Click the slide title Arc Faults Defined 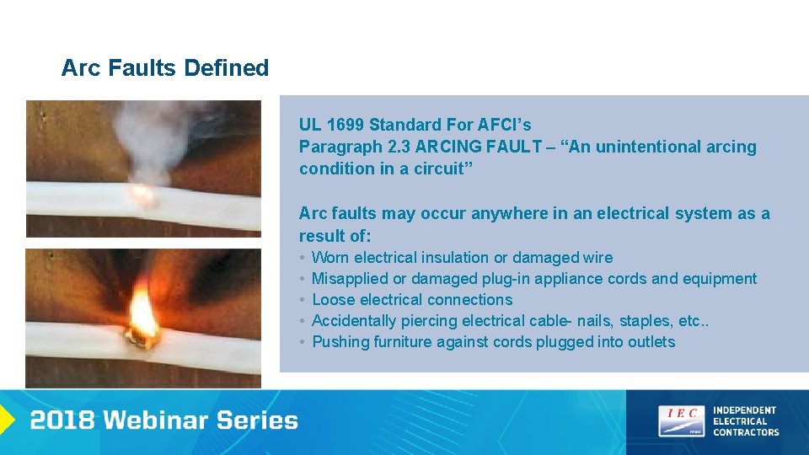pos(165,68)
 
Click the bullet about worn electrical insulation pos(462,257)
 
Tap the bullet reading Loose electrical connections pos(411,299)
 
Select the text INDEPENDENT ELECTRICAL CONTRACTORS pos(746,421)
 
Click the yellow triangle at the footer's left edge pos(6,420)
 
